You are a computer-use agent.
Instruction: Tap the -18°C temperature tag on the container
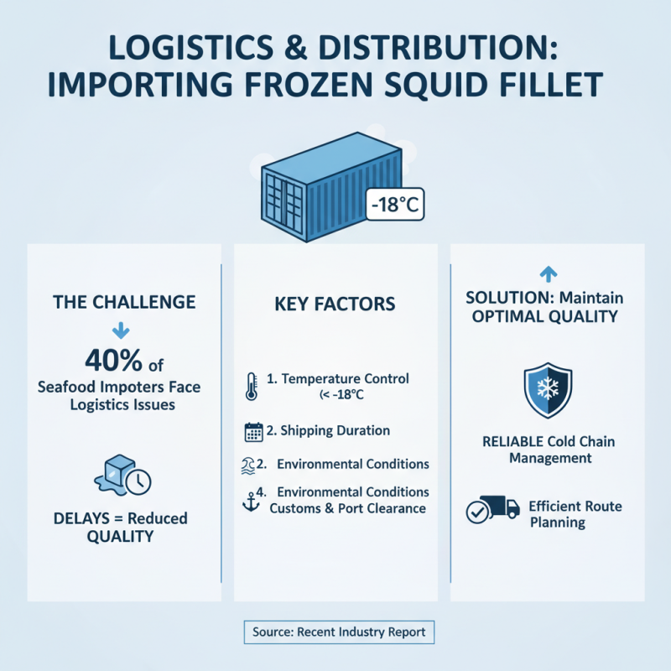[x=393, y=204]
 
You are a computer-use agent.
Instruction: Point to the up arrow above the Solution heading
[x=548, y=273]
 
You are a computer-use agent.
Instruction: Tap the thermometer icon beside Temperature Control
[x=252, y=385]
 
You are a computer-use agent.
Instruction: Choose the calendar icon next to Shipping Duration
[x=252, y=432]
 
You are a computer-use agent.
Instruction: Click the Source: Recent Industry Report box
[x=339, y=632]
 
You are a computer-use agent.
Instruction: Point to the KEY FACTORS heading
[x=335, y=304]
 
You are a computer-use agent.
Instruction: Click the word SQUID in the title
[x=418, y=84]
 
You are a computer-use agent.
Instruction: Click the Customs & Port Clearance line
[x=347, y=508]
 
